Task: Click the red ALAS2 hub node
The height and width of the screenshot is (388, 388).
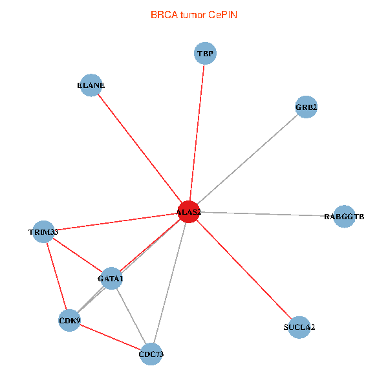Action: [188, 211]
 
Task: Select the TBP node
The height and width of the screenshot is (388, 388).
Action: [205, 54]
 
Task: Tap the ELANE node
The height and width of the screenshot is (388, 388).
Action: [91, 85]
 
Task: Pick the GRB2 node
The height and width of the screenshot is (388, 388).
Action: [306, 107]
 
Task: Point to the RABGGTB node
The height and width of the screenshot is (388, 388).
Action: [344, 217]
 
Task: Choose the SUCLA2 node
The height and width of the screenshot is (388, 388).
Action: [299, 327]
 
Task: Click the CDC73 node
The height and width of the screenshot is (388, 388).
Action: [151, 354]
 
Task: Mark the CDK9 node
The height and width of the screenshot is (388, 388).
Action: [69, 320]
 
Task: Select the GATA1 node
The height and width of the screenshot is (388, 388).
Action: [111, 279]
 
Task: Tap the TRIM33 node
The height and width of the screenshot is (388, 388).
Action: [43, 232]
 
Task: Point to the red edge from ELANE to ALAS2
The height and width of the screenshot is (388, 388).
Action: [139, 148]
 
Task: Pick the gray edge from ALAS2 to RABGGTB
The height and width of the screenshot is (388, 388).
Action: [266, 214]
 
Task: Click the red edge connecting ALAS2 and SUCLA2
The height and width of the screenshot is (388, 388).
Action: [243, 269]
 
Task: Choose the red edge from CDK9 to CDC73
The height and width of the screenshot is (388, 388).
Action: [110, 337]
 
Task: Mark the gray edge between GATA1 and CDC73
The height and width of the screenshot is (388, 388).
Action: [131, 316]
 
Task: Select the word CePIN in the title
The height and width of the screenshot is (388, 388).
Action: [222, 14]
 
